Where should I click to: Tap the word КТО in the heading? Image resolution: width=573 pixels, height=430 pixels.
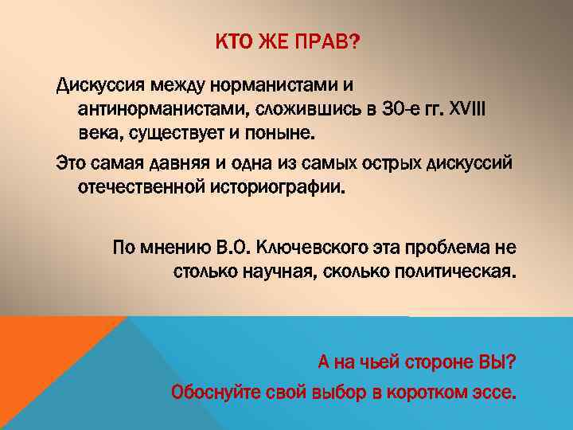(x=231, y=41)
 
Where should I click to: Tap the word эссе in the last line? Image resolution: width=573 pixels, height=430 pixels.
(x=497, y=393)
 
